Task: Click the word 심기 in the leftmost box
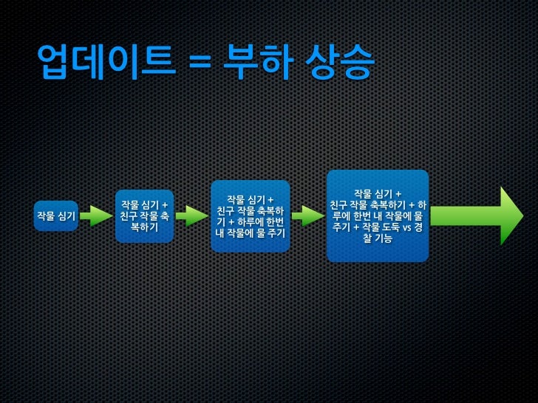point(66,216)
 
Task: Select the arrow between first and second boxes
point(95,216)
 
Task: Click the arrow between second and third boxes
point(191,216)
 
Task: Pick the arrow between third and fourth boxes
point(307,216)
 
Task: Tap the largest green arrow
point(476,216)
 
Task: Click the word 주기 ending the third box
point(275,234)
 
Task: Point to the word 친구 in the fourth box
point(338,204)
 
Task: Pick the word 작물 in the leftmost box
point(45,216)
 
